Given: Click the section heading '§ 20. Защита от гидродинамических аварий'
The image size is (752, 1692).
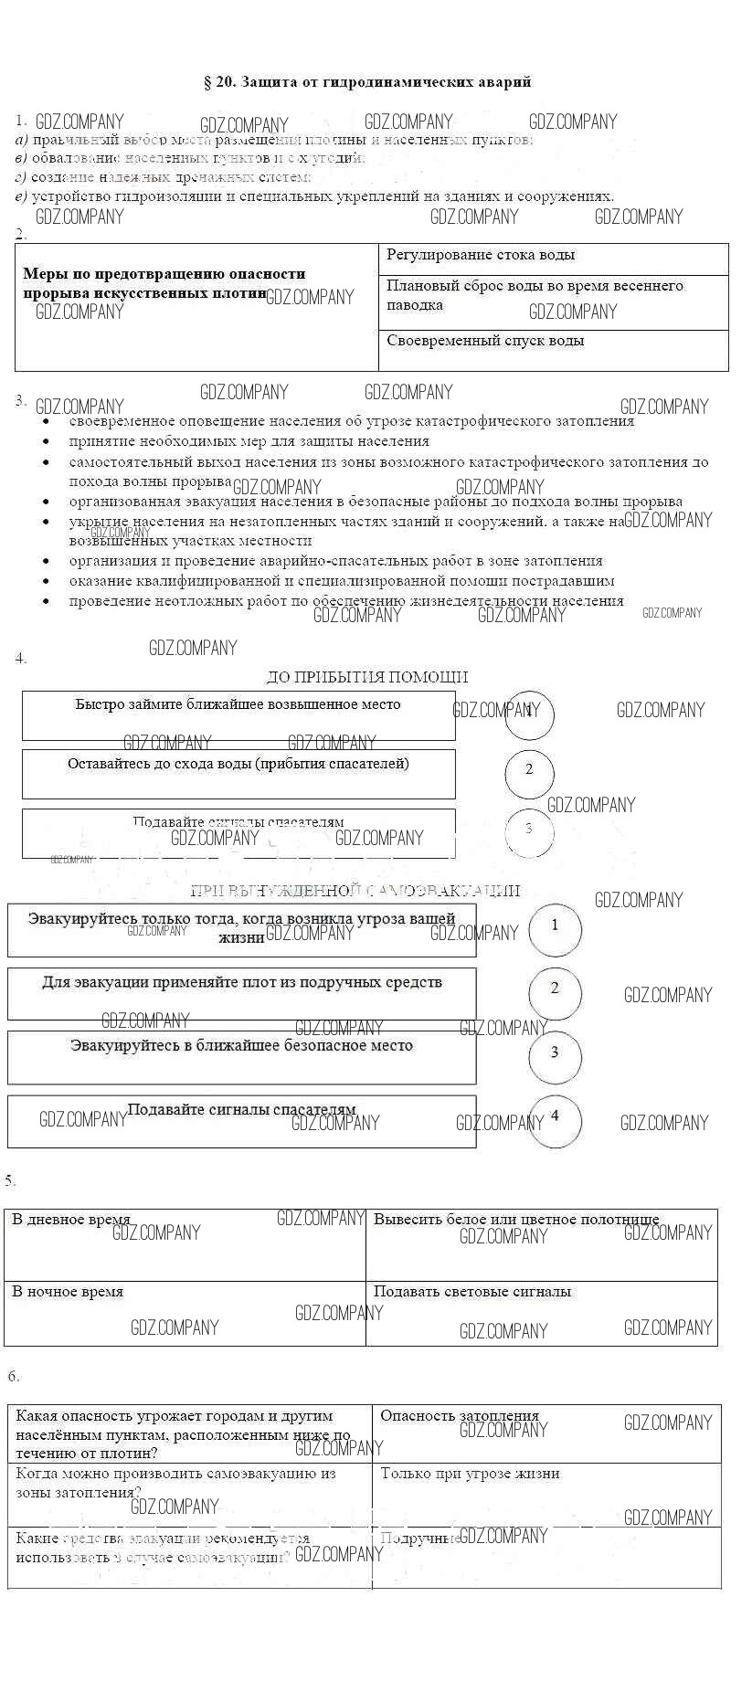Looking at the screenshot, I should click(366, 82).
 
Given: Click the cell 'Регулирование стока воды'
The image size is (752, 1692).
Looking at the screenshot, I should click(553, 259).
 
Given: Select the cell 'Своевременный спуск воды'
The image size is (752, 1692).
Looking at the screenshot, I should click(553, 349).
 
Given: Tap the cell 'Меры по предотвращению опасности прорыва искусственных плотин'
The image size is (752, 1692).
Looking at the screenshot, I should click(196, 306).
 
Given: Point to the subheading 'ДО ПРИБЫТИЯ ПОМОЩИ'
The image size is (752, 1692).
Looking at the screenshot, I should click(366, 677).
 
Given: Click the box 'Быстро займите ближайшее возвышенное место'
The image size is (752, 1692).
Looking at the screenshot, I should click(238, 715).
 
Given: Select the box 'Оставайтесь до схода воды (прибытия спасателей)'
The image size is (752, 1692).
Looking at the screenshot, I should click(238, 774).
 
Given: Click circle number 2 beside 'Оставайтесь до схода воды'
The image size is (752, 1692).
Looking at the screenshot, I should click(529, 770).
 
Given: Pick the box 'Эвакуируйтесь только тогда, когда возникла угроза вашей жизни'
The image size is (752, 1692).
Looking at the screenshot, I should click(241, 930).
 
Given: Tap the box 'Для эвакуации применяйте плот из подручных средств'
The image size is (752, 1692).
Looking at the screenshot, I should click(241, 993).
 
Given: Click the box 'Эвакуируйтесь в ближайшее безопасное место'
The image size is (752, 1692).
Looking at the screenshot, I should click(241, 1056).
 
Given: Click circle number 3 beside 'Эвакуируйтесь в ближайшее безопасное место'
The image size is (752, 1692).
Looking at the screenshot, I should click(555, 1053).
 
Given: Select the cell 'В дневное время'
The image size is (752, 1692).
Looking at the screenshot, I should click(185, 1244).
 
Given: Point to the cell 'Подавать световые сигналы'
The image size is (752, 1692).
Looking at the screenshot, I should click(541, 1312).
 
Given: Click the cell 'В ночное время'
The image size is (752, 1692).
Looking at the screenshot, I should click(185, 1312).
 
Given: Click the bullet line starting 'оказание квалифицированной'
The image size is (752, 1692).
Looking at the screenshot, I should click(342, 581).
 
